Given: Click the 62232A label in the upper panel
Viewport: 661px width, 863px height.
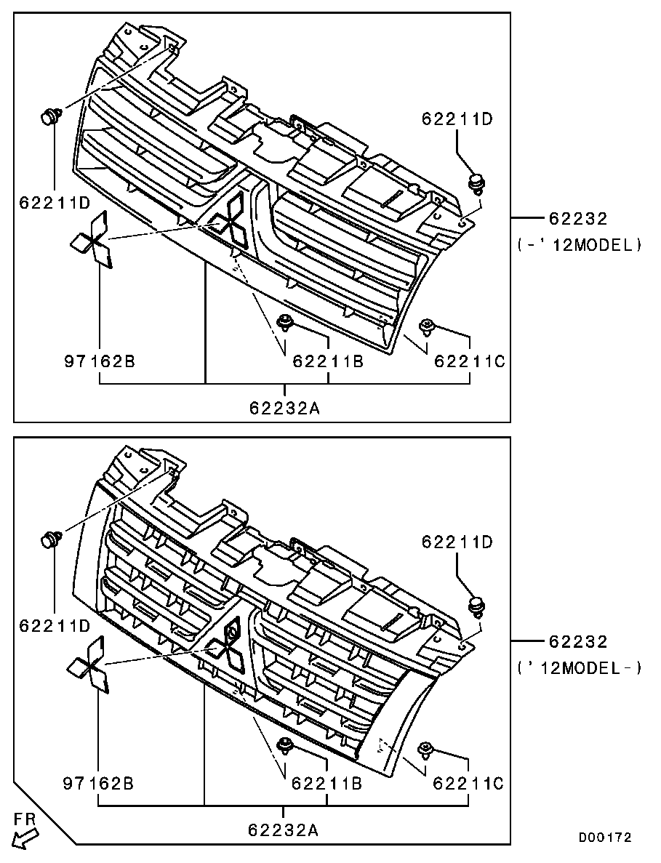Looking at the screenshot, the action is click(x=284, y=408).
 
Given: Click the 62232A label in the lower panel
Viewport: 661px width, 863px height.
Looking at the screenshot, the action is click(x=284, y=830).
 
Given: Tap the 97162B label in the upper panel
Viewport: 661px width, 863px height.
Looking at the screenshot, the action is click(x=100, y=361).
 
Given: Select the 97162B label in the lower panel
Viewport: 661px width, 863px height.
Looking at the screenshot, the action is click(x=98, y=782).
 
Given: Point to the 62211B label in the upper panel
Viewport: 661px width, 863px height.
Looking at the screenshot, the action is click(x=328, y=361).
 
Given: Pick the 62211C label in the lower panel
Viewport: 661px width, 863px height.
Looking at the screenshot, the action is click(x=469, y=782).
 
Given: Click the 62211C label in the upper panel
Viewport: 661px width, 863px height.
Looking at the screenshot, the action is click(x=470, y=361).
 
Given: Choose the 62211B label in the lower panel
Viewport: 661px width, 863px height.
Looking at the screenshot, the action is click(x=327, y=782).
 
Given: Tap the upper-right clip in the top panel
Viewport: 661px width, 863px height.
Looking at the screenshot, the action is click(x=476, y=183).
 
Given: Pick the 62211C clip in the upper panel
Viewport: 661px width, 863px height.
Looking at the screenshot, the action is click(x=427, y=327).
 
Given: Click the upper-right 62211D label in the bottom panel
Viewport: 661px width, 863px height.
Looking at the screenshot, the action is click(x=458, y=542).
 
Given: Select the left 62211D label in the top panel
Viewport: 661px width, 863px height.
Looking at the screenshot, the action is click(x=55, y=203).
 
